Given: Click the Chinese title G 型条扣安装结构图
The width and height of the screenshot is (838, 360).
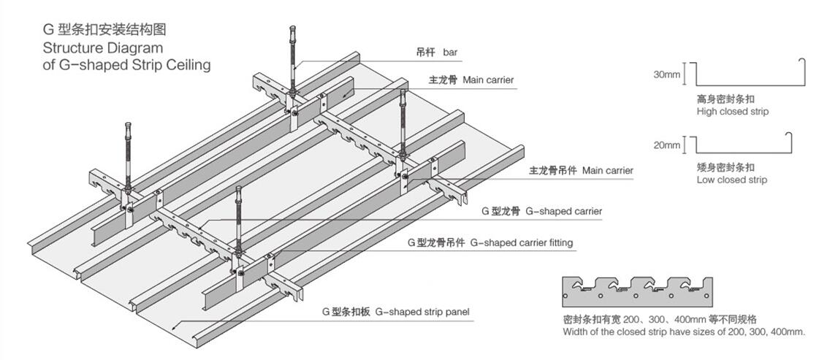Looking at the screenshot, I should (105, 30).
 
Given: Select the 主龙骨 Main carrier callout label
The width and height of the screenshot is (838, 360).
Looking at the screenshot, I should (471, 80).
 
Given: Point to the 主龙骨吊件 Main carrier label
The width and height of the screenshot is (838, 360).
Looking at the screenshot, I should (581, 171).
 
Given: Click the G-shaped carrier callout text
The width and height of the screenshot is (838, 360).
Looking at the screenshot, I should (541, 211).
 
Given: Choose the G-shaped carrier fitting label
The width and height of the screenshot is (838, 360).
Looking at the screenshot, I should (490, 242).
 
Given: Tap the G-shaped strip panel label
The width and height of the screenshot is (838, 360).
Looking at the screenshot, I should (396, 312).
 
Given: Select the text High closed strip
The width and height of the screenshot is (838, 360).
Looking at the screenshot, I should (732, 112).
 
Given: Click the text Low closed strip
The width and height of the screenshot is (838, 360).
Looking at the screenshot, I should (731, 180).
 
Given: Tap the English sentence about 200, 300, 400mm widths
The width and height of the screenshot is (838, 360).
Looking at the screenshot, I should (684, 332).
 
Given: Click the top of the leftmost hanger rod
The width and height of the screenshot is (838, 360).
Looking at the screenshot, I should (129, 126).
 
